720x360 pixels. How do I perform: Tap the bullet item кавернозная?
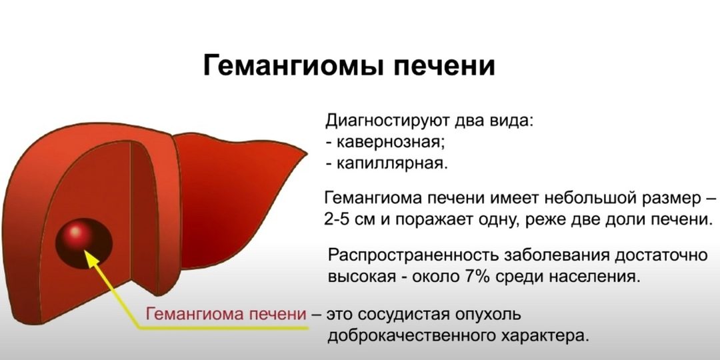[x=391, y=143]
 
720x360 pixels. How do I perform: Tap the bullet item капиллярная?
[x=392, y=164]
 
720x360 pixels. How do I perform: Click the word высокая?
[x=363, y=277]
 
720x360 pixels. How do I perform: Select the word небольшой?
[x=582, y=199]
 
